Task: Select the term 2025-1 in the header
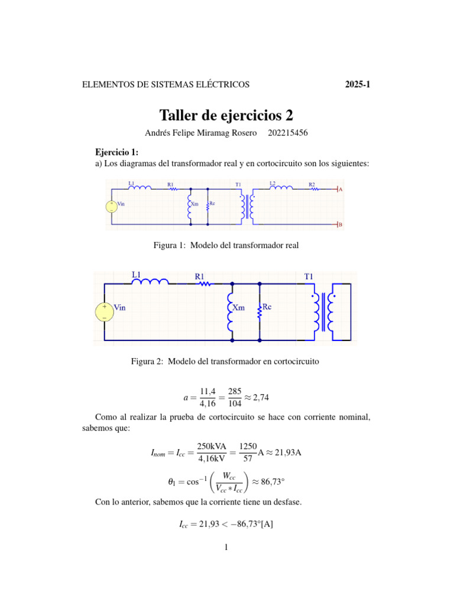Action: click(357, 84)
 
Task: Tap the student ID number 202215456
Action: click(287, 134)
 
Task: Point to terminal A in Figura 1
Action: click(340, 190)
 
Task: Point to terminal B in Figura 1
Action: click(340, 225)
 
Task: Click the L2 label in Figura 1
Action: click(273, 184)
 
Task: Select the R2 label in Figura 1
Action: click(312, 184)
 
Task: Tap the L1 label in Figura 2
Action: click(137, 274)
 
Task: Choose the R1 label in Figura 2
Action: click(200, 275)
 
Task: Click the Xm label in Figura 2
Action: click(238, 308)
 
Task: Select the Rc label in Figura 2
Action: click(267, 307)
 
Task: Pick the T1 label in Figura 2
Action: click(309, 275)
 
